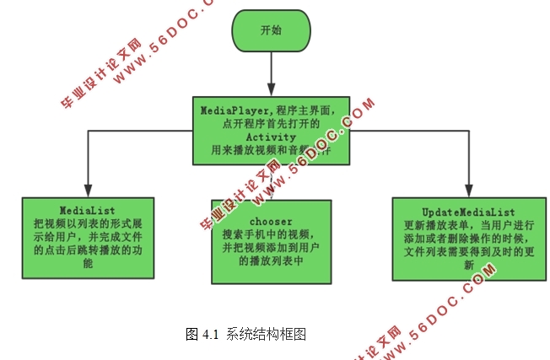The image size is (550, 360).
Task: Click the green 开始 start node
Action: [271, 30]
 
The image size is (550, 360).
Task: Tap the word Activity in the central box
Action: [270, 137]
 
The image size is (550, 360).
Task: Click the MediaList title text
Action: [89, 208]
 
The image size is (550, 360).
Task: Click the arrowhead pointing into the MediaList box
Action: [88, 191]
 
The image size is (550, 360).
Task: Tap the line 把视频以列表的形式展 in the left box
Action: [89, 223]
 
